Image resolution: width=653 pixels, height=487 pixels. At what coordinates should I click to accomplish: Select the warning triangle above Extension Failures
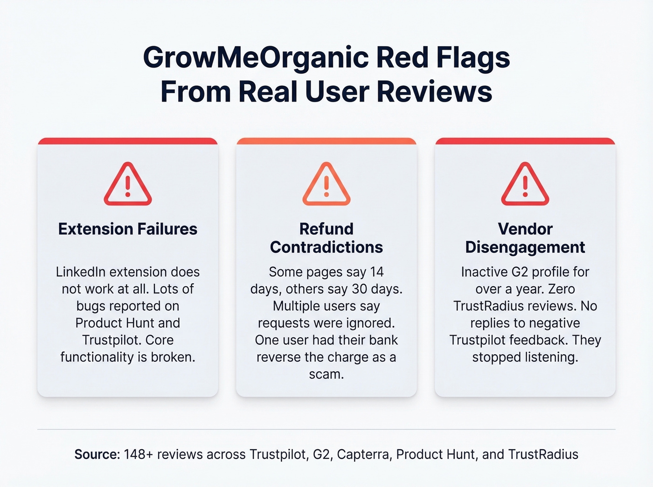point(127,185)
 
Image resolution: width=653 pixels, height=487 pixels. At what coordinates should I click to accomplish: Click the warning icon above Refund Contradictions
point(326,185)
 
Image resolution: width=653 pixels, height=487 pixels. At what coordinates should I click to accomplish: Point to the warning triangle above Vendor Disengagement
point(525,185)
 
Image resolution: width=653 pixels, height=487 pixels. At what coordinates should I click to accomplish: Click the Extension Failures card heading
point(127,229)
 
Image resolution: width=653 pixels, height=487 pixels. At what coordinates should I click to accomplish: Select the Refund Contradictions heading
point(326,238)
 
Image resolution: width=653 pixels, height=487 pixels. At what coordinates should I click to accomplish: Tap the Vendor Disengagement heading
point(525,238)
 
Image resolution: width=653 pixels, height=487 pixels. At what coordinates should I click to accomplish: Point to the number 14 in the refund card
point(377,272)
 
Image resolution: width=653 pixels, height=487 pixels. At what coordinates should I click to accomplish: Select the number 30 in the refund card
point(360,289)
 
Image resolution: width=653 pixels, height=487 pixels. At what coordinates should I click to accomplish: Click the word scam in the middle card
point(325,374)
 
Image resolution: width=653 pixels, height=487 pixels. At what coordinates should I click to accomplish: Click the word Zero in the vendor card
point(562,289)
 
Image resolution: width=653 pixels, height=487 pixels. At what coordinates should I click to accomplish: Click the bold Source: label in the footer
point(97,454)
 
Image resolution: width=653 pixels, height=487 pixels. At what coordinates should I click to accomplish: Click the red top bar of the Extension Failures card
point(127,141)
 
